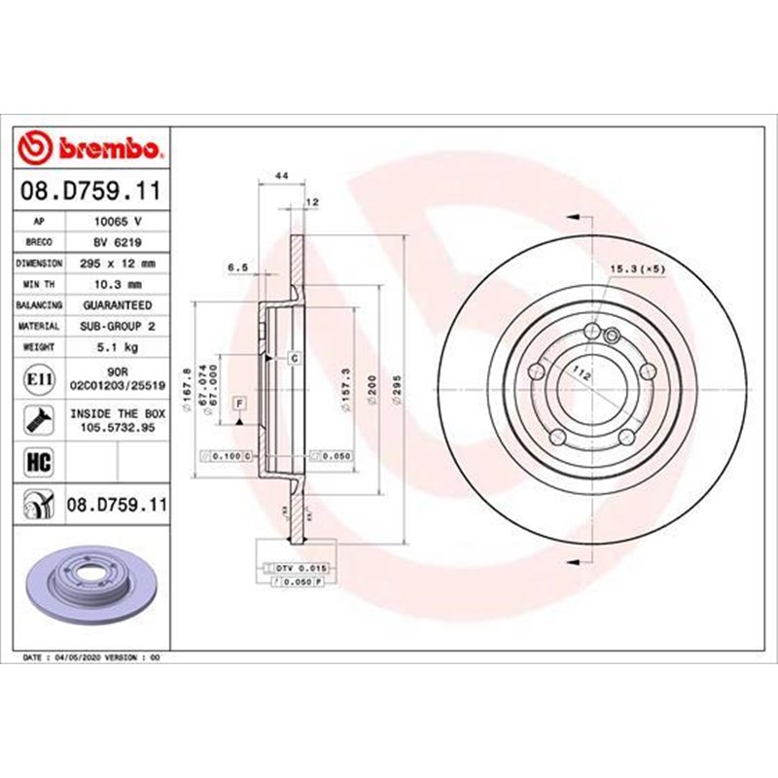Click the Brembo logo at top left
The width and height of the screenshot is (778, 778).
pyautogui.click(x=93, y=148)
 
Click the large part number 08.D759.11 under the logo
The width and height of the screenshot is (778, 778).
pyautogui.click(x=93, y=193)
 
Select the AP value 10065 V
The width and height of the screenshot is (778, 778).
pyautogui.click(x=119, y=222)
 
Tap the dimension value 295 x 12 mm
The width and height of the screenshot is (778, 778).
pyautogui.click(x=119, y=264)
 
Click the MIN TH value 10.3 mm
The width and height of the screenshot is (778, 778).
pyautogui.click(x=119, y=284)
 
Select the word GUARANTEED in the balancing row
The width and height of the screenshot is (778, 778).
pyautogui.click(x=119, y=305)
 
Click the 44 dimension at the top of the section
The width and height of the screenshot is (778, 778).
pyautogui.click(x=282, y=175)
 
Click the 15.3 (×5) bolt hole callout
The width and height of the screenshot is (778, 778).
pyautogui.click(x=637, y=267)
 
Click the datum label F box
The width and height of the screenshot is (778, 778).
pyautogui.click(x=238, y=402)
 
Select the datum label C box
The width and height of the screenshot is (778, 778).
pyautogui.click(x=292, y=358)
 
